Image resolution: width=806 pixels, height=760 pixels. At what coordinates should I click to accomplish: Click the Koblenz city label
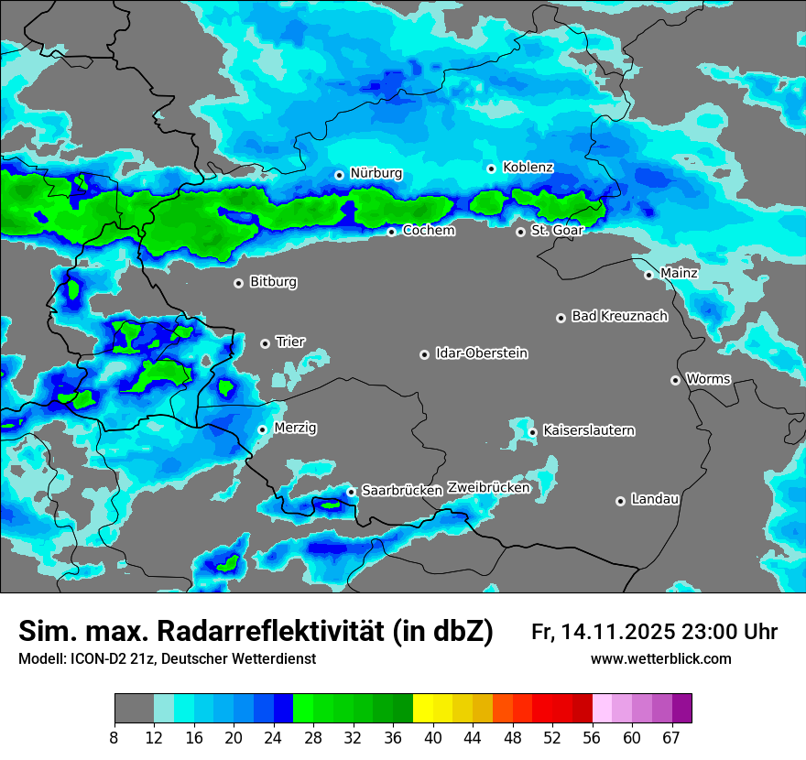pyautogui.click(x=528, y=168)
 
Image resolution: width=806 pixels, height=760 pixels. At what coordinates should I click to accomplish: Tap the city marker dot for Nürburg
pyautogui.click(x=339, y=174)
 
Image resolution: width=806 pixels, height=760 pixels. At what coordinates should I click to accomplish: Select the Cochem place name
pyautogui.click(x=428, y=231)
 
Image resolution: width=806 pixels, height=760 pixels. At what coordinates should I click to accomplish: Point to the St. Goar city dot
pyautogui.click(x=520, y=232)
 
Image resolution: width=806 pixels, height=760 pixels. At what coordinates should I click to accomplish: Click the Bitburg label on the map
pyautogui.click(x=273, y=282)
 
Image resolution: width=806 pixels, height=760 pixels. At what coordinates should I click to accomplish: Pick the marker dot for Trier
pyautogui.click(x=265, y=343)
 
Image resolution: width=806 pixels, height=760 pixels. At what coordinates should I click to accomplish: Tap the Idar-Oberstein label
pyautogui.click(x=481, y=353)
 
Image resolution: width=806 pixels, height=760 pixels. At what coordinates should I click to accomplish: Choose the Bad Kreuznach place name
pyautogui.click(x=619, y=317)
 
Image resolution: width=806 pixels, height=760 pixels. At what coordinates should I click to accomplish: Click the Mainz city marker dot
pyautogui.click(x=648, y=275)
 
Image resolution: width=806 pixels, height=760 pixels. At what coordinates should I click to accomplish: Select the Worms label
pyautogui.click(x=708, y=379)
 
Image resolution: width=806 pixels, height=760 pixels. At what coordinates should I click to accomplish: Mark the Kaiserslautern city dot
pyautogui.click(x=532, y=432)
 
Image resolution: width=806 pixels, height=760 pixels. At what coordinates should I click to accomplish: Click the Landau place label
pyautogui.click(x=655, y=500)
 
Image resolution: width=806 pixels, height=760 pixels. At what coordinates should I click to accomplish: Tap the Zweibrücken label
pyautogui.click(x=488, y=488)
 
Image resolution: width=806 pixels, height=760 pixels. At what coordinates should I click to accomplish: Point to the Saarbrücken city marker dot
pyautogui.click(x=351, y=492)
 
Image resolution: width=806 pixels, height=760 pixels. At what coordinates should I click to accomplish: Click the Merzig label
pyautogui.click(x=296, y=429)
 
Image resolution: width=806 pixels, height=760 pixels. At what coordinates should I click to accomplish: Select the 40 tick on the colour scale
pyautogui.click(x=433, y=737)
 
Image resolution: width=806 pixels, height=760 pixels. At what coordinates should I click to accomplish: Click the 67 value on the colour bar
pyautogui.click(x=671, y=737)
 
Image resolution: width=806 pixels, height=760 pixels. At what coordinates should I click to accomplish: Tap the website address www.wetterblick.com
pyautogui.click(x=660, y=659)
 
